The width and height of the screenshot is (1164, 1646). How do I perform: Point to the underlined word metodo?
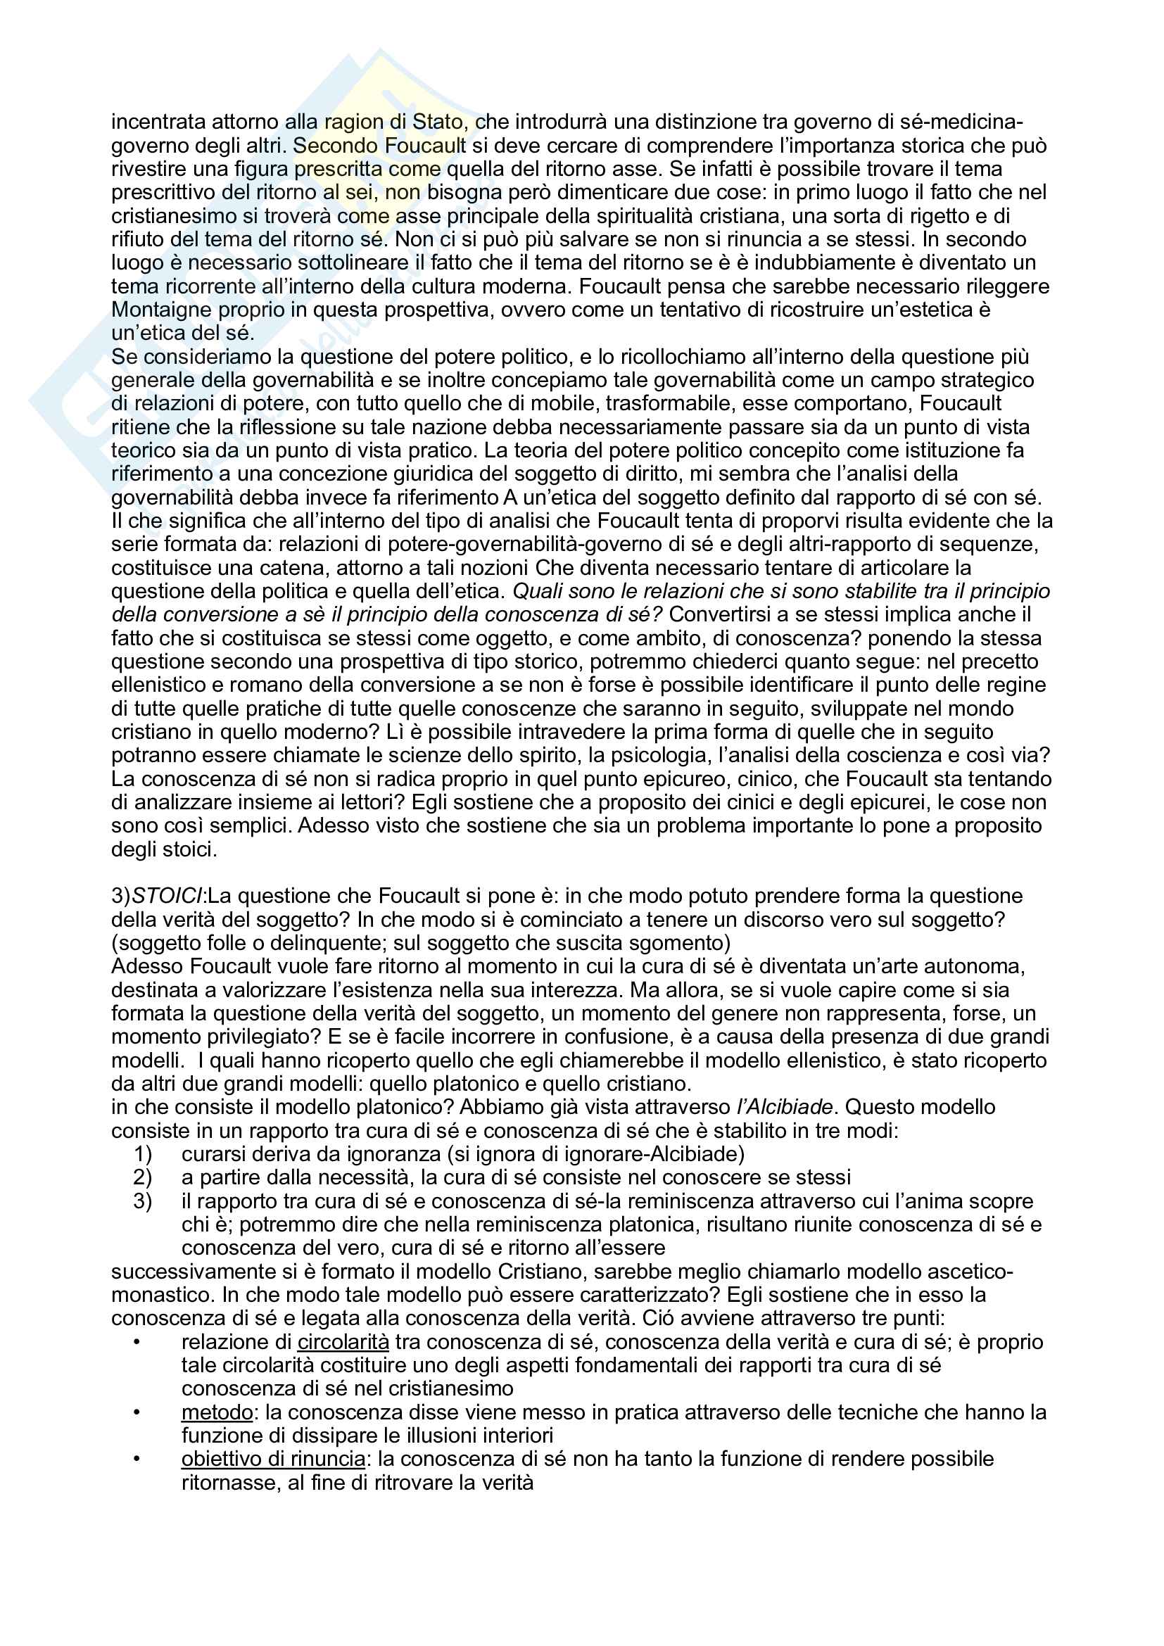(217, 1412)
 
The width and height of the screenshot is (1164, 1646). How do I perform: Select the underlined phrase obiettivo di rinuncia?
(273, 1458)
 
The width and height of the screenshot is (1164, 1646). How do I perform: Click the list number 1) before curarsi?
(143, 1153)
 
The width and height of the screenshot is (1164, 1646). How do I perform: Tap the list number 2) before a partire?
(143, 1177)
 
